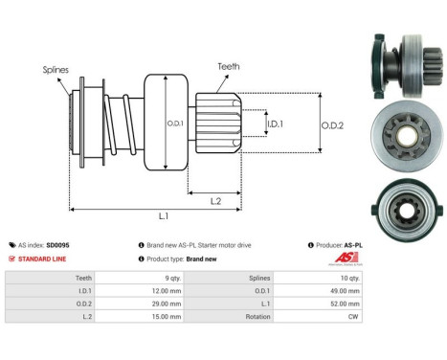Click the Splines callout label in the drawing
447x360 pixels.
pos(55,70)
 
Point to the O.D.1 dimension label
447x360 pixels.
pos(175,122)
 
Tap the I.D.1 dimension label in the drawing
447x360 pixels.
pos(274,124)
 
